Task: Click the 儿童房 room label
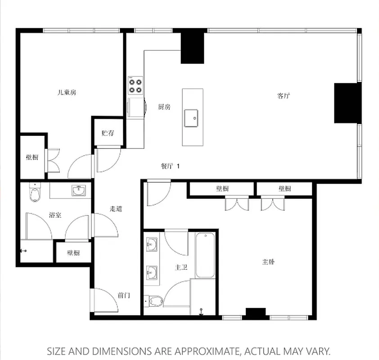(x=67, y=92)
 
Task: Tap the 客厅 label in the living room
(x=283, y=95)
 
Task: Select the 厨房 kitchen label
(x=164, y=107)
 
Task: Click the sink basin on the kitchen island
(x=192, y=118)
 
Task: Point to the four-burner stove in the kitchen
(x=135, y=85)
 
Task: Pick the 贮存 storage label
(x=108, y=133)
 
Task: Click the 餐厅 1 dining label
(x=170, y=166)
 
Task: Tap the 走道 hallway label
(x=116, y=209)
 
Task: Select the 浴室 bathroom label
(x=55, y=215)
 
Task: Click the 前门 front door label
(x=124, y=296)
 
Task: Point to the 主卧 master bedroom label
(x=268, y=261)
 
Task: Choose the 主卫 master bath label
(x=181, y=267)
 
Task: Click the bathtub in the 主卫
(x=205, y=255)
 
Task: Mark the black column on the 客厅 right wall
(x=347, y=103)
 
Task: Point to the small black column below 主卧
(x=256, y=313)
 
